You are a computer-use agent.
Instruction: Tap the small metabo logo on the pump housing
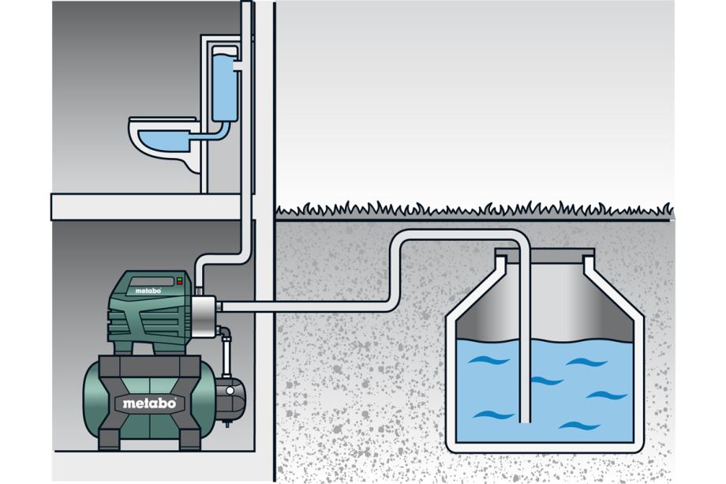pos(148,291)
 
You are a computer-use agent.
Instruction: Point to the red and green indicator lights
pos(180,280)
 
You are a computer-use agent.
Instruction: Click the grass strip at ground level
pos(473,211)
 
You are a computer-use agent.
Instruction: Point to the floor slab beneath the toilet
pos(146,206)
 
